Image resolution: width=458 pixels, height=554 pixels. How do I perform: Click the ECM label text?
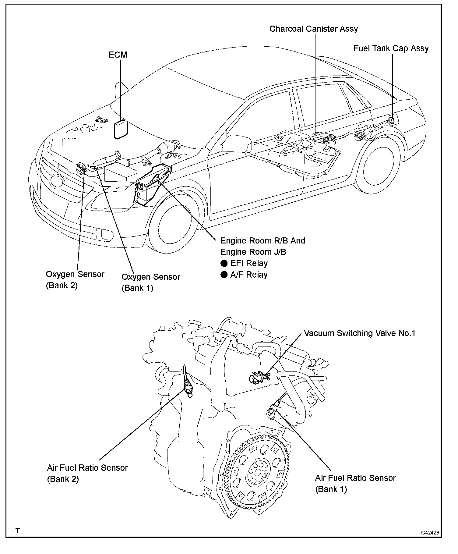[x=118, y=55]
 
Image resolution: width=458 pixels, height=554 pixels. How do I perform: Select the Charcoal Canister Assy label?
[x=313, y=29]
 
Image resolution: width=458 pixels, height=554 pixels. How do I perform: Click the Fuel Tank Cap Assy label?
[x=391, y=48]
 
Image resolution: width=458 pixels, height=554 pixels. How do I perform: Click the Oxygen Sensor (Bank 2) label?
[x=75, y=279]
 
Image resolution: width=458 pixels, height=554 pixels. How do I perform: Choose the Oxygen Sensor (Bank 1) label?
[x=151, y=282]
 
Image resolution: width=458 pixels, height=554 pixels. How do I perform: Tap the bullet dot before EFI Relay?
[x=224, y=263]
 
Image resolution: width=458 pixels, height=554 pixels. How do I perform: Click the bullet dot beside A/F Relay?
[x=224, y=275]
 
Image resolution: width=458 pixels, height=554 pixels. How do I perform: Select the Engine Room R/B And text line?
[x=262, y=241]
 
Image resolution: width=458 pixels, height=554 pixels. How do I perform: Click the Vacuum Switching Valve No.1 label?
[x=359, y=333]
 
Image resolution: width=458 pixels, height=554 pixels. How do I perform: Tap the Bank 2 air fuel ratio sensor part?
[x=188, y=389]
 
